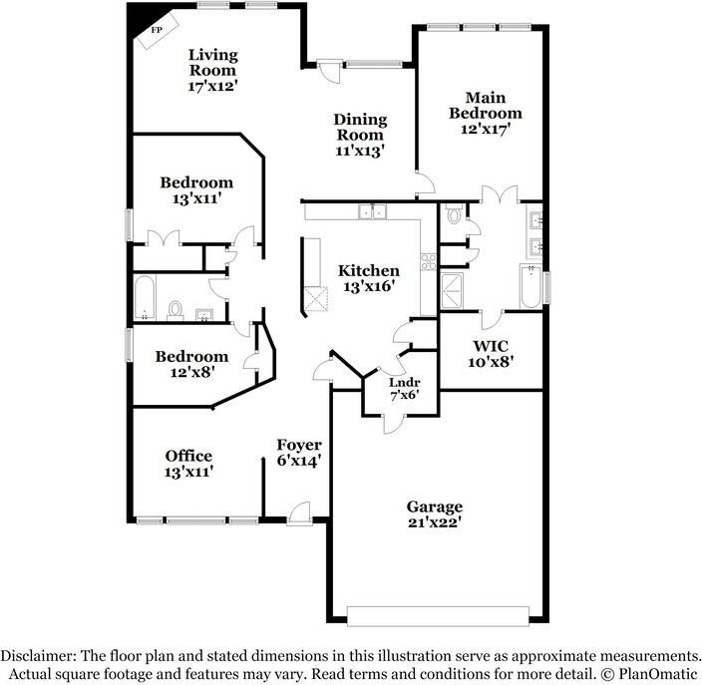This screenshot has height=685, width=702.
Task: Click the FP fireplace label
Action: pos(156,31)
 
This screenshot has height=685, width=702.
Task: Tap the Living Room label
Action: pos(212,62)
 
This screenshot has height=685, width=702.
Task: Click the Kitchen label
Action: pos(368,271)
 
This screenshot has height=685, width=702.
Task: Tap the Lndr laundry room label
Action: pos(404,382)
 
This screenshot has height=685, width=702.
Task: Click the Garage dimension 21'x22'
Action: pos(434,521)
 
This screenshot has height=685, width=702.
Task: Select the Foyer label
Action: pos(298,446)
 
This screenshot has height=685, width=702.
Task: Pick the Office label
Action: pos(188,457)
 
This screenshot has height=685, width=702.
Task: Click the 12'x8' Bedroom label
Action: pos(190,357)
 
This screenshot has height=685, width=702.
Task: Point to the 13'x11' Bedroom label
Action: pos(196,182)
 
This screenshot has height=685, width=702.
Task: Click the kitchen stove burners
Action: pos(429,262)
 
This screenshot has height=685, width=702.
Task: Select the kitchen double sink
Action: pos(373,210)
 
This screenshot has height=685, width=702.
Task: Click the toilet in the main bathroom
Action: pos(453,214)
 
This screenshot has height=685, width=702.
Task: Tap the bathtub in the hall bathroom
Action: pos(146,297)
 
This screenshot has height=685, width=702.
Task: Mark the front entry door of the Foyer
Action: pos(297,514)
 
